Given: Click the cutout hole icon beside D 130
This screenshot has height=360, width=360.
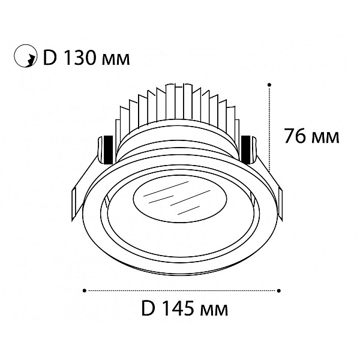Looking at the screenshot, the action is (x=25, y=56).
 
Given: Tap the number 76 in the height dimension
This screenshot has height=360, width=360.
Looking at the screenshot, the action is (x=295, y=136).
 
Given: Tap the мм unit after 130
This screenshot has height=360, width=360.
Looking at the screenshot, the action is (x=115, y=59).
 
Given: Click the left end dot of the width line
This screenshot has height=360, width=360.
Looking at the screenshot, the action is (x=85, y=290).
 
